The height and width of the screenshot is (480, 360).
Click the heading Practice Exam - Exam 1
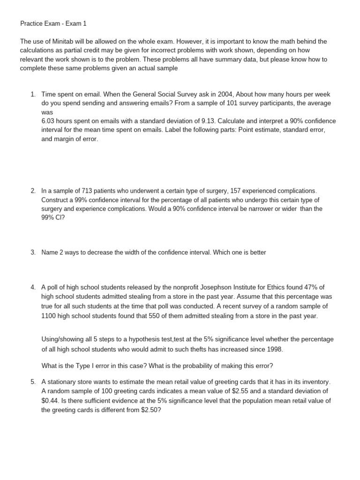click(x=53, y=23)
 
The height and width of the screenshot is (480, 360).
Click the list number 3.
click(x=33, y=252)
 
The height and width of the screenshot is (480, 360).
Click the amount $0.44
click(x=49, y=400)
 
